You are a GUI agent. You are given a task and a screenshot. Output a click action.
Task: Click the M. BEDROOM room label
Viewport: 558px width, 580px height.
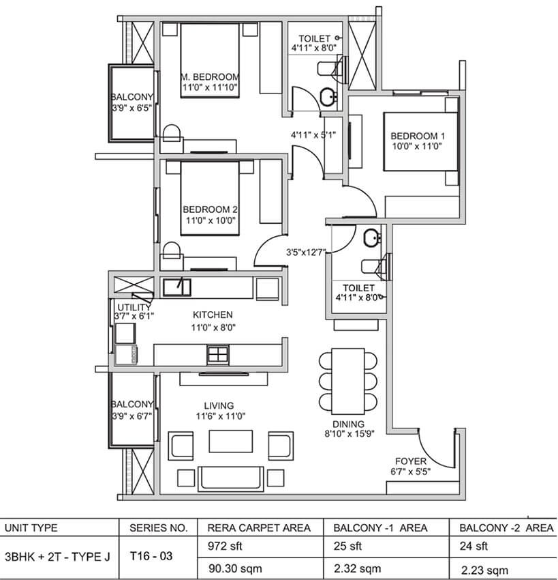210,77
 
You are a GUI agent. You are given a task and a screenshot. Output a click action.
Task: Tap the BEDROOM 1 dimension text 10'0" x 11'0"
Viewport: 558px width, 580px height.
417,146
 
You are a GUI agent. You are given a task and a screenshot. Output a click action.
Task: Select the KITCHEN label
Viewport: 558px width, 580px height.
213,315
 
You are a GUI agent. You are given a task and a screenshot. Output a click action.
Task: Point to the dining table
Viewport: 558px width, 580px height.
348,381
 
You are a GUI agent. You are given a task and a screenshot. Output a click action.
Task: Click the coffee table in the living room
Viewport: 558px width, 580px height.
231,441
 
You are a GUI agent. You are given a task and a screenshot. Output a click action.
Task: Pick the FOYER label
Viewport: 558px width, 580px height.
411,461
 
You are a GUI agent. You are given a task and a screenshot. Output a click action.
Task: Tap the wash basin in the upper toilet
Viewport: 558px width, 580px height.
328,97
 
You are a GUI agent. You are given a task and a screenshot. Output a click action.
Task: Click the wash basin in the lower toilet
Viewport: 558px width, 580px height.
371,238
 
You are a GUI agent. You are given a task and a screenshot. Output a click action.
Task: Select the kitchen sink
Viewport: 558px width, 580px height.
176,287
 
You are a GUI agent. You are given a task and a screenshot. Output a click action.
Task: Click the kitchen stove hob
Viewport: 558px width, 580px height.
218,354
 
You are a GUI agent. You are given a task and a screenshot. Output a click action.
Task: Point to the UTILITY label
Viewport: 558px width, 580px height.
134,307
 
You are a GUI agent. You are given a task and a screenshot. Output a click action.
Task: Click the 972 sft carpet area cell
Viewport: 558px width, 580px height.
225,546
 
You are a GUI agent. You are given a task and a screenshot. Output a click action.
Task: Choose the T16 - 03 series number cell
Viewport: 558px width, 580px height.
151,556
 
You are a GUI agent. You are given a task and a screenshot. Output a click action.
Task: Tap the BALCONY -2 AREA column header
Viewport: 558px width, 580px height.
506,528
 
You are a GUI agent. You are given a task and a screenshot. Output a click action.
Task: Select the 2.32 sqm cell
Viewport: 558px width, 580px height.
357,568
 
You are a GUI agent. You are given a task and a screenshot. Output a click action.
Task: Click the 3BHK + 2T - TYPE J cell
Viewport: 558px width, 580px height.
57,557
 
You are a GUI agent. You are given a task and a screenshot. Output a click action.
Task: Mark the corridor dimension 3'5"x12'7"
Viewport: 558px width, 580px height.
306,252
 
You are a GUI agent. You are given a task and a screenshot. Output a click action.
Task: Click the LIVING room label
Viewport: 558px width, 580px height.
219,405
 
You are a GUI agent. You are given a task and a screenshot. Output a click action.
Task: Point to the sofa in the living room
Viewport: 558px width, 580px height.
231,478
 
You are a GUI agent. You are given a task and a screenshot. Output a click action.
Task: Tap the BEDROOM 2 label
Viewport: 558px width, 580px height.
210,209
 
